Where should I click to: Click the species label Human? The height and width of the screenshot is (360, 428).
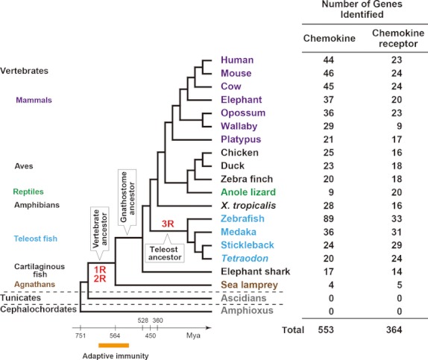[237, 60]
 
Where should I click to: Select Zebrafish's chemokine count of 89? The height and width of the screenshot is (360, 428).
[328, 218]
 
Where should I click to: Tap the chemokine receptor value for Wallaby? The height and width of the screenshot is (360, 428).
[399, 126]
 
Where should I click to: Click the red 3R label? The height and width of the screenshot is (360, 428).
[168, 224]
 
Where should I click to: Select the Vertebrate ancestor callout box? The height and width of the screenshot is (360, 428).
[100, 230]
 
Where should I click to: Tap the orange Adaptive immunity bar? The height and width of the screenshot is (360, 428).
[113, 346]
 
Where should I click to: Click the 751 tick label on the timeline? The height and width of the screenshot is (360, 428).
[81, 335]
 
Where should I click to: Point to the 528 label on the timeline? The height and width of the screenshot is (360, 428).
[142, 320]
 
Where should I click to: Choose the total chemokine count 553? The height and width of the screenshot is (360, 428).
[326, 329]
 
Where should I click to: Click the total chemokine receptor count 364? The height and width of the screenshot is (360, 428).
[394, 329]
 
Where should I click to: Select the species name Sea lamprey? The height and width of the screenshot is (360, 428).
[249, 285]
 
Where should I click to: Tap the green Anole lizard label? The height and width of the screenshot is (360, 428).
[248, 192]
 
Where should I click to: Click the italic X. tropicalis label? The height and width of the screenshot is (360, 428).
[248, 205]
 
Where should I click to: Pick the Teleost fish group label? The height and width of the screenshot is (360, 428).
[36, 239]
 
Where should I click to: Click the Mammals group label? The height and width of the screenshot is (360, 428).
[34, 100]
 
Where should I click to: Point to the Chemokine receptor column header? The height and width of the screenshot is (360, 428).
[398, 38]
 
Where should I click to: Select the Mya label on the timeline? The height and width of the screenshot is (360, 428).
[193, 335]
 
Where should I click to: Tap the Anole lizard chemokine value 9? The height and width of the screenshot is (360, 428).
[331, 192]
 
